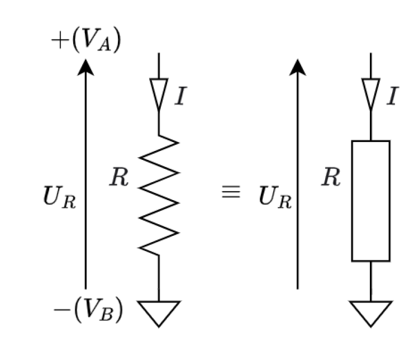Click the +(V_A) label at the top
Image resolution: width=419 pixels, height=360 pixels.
[x=85, y=42]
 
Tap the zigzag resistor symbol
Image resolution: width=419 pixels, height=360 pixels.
[x=159, y=195]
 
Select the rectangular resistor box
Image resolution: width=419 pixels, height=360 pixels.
[x=370, y=201]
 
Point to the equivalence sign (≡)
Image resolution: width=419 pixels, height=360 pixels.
[x=231, y=193]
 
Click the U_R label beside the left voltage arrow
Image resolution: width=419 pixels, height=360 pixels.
[x=59, y=198]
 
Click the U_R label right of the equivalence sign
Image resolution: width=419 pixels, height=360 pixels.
[x=275, y=198]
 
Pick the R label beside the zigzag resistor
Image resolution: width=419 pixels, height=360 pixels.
[x=119, y=179]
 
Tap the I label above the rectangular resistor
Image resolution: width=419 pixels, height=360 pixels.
[x=392, y=96]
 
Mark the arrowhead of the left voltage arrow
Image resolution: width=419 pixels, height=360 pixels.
[x=85, y=67]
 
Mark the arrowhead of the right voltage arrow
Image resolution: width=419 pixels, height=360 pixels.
[x=297, y=67]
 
